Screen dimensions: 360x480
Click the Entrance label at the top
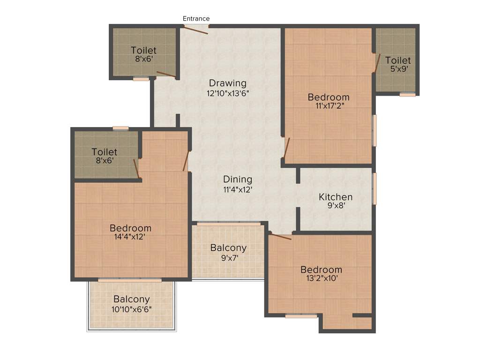point(196,18)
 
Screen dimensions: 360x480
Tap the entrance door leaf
point(195,30)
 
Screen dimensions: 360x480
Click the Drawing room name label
point(227,83)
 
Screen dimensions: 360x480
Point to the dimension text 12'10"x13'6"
point(227,93)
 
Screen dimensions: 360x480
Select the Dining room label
point(238,179)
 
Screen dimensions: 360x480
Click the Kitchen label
point(336,196)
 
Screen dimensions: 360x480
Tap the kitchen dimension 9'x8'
point(336,205)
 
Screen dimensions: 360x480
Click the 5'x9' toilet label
point(398,68)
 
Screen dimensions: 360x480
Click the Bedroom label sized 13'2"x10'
point(321,270)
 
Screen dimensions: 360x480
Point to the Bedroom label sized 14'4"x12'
point(130,228)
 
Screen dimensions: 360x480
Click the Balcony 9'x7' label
point(228,248)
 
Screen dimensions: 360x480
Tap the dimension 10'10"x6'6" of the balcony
point(132,309)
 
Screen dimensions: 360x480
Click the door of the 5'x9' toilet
point(376,63)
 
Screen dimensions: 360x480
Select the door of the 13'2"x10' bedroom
point(280,237)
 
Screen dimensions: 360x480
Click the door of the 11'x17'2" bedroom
point(287,148)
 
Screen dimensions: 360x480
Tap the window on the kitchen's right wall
point(374,188)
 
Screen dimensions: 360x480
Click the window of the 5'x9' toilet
point(407,95)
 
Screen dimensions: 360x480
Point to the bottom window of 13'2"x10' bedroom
point(301,316)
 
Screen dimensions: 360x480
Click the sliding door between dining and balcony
point(228,224)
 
